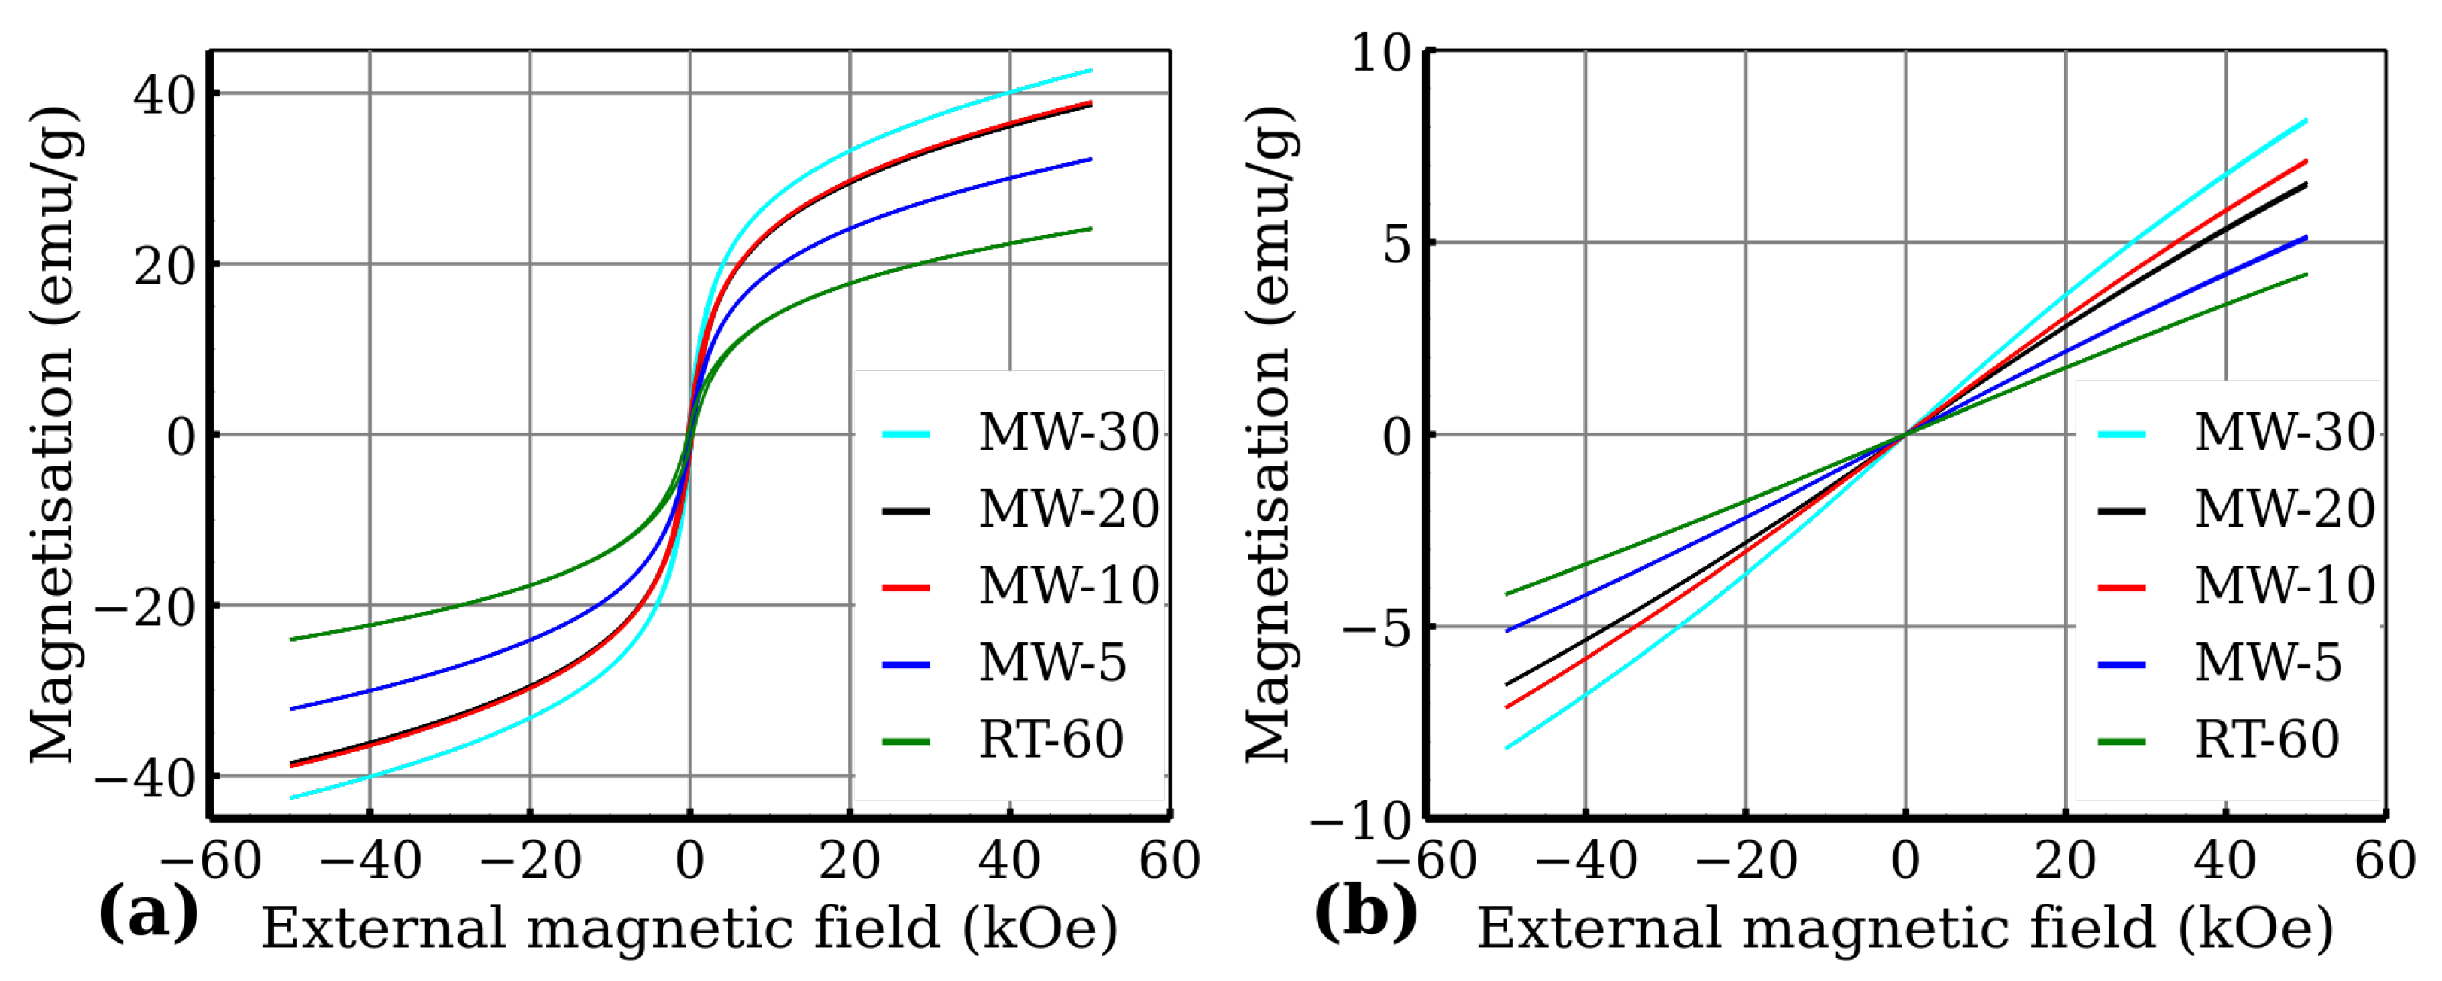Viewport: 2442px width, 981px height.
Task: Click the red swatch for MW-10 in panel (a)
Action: pos(905,588)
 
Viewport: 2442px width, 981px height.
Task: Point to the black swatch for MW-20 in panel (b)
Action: pos(2121,511)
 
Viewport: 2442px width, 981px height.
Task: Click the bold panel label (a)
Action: pos(149,913)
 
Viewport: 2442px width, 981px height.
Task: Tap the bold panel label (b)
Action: pos(1365,913)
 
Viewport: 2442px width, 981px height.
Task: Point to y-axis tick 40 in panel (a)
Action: pos(164,95)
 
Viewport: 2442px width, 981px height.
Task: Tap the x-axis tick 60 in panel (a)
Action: pos(1169,861)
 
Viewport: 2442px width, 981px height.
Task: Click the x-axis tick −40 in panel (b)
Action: pos(1585,861)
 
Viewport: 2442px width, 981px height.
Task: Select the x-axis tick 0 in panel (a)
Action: pos(689,861)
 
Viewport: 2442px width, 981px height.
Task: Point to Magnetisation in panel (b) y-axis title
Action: pos(1268,554)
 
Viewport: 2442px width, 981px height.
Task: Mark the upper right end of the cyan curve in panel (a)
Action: pos(1091,70)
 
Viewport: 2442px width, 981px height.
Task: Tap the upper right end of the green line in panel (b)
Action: pos(2307,275)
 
